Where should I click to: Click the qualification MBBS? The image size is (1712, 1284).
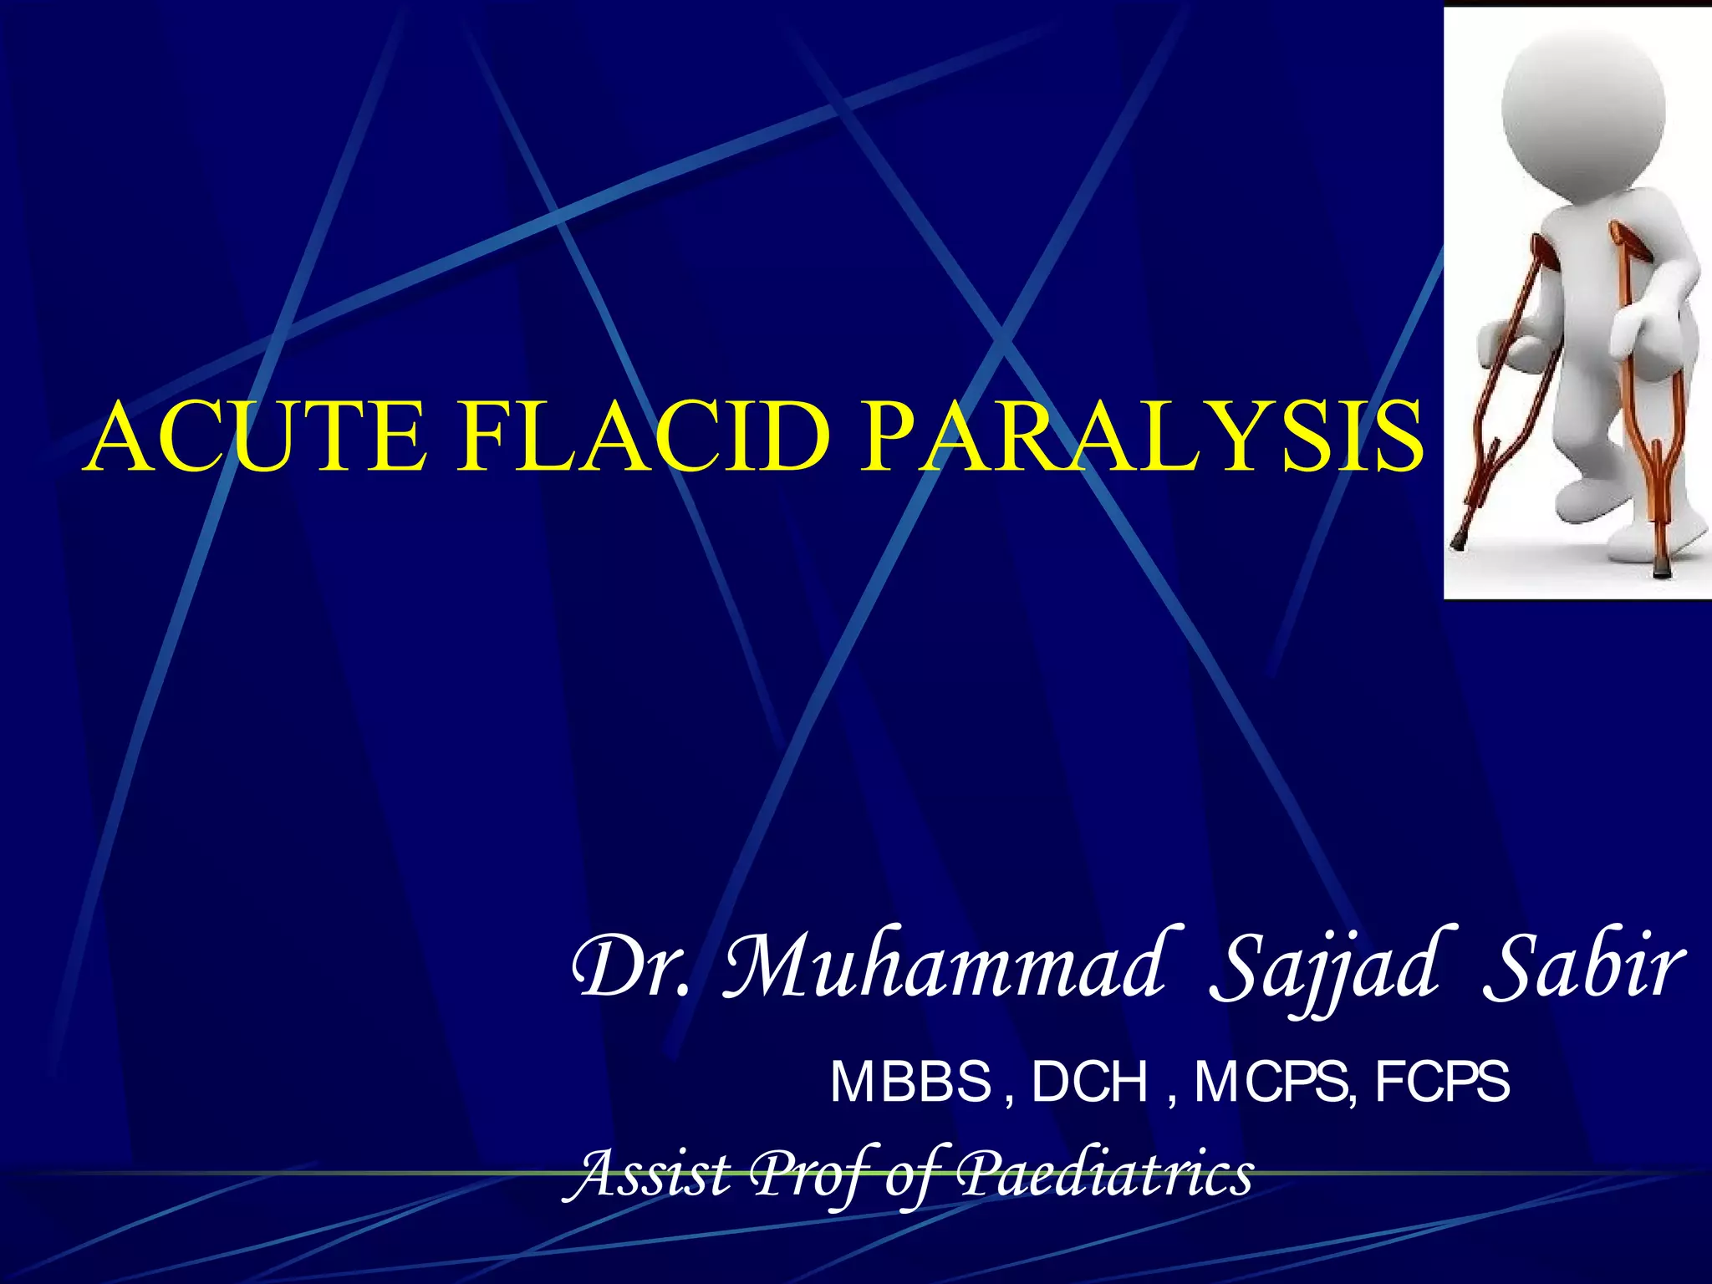click(910, 1082)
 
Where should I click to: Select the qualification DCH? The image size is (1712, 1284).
click(1090, 1082)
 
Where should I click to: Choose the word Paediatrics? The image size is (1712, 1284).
click(1103, 1174)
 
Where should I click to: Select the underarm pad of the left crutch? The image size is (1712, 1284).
click(1543, 251)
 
